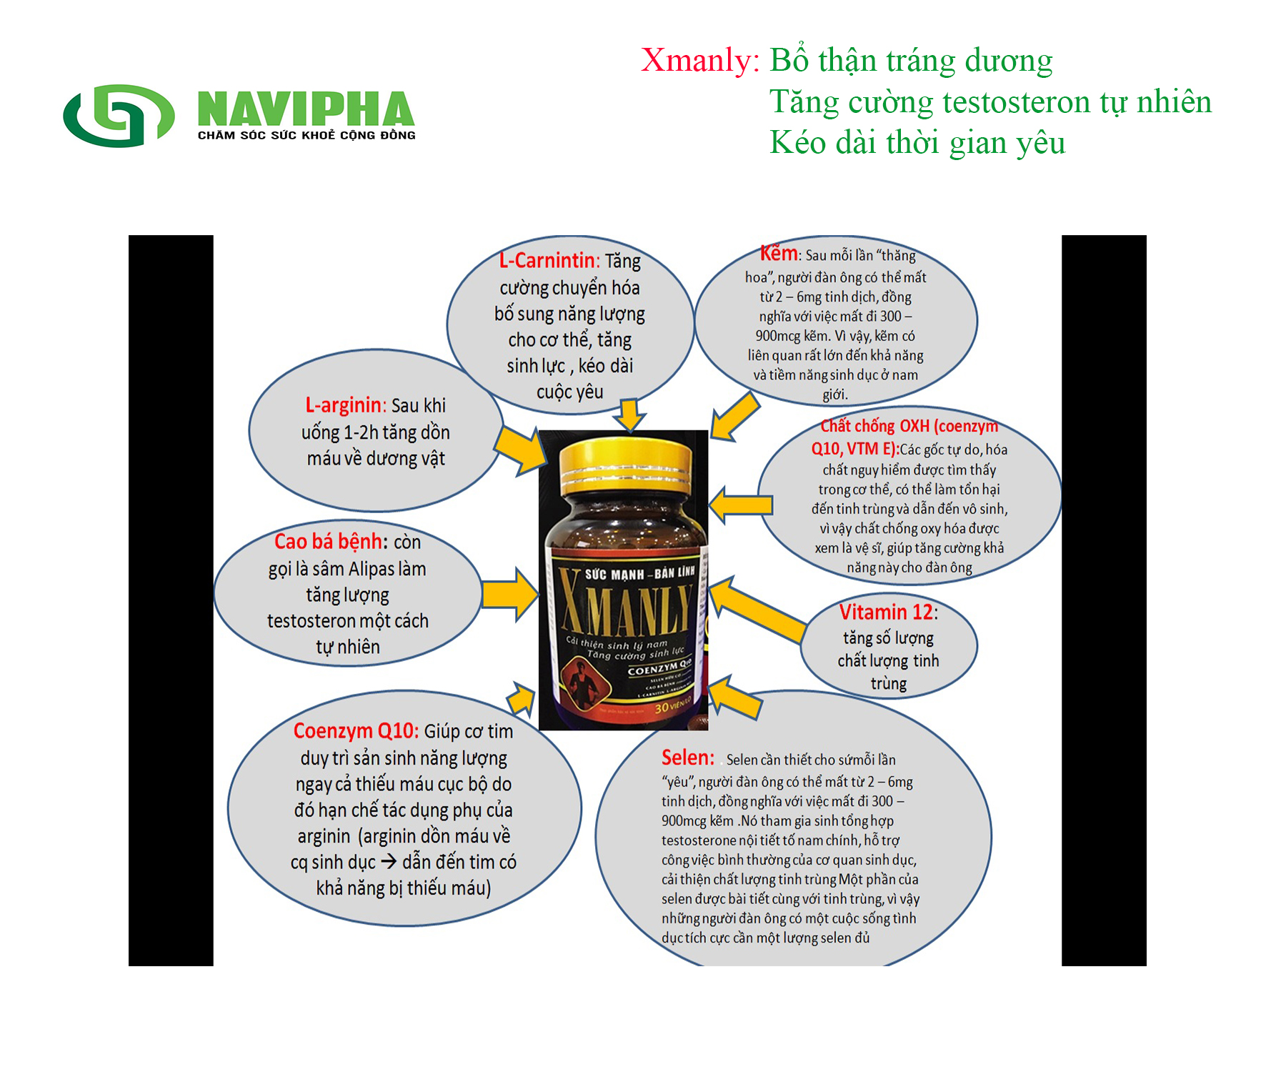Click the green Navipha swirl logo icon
pyautogui.click(x=119, y=116)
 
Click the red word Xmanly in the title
pyautogui.click(x=699, y=60)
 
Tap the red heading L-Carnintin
pyautogui.click(x=547, y=260)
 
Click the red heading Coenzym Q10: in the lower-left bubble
pyautogui.click(x=355, y=731)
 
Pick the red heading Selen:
pyautogui.click(x=687, y=758)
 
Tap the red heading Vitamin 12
pyautogui.click(x=887, y=612)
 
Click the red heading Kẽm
pyautogui.click(x=779, y=254)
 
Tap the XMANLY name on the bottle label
pyautogui.click(x=625, y=604)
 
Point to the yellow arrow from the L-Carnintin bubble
pyautogui.click(x=629, y=415)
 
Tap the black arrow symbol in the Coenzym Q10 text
pyautogui.click(x=389, y=862)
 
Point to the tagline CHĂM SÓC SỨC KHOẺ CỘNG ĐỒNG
pyautogui.click(x=306, y=135)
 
